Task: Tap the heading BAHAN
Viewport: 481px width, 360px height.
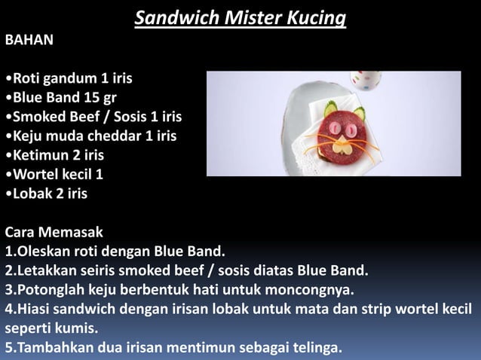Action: [x=29, y=40]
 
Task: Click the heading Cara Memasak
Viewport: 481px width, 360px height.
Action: [x=54, y=232]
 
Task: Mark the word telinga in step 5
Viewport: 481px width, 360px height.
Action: [x=314, y=348]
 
